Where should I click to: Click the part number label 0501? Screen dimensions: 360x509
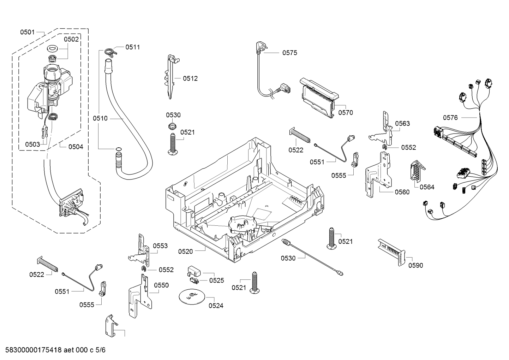27,32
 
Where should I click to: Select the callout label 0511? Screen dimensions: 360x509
133,47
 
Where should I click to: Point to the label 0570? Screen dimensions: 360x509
345,113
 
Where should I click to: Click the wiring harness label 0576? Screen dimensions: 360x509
450,118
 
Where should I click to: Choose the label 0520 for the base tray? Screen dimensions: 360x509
185,252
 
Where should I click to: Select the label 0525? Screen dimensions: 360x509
216,281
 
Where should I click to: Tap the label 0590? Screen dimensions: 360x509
415,265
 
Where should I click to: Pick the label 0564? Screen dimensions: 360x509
427,187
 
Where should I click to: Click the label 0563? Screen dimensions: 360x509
402,123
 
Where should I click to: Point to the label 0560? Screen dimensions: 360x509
402,192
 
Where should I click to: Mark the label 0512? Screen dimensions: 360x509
190,78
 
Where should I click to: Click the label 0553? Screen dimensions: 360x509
160,246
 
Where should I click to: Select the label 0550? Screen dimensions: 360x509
161,285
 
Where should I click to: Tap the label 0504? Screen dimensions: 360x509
76,147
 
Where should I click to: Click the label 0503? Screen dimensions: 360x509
32,144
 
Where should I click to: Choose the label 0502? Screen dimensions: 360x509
71,39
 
